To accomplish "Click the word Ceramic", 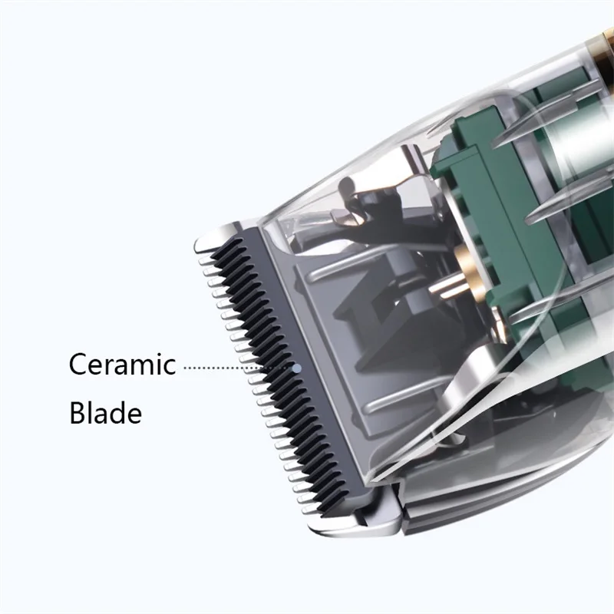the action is (122, 364).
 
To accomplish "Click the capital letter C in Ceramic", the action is (78, 364).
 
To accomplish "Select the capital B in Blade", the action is (78, 412).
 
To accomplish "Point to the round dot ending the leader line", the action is (297, 368).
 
